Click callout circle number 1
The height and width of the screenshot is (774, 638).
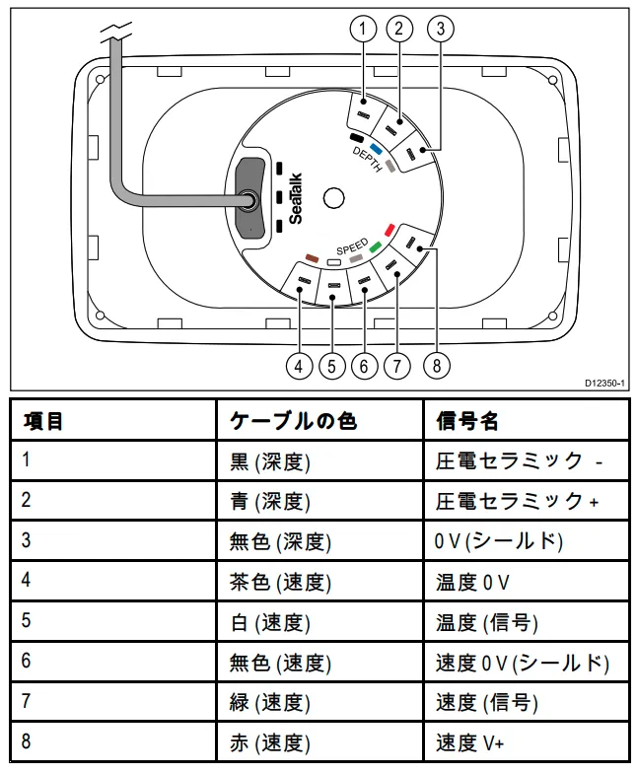coord(364,29)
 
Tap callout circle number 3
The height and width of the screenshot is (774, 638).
coord(439,29)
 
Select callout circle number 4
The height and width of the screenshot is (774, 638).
coord(299,366)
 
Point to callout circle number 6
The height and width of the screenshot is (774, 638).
coord(364,366)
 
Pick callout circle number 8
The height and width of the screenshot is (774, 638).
coord(436,366)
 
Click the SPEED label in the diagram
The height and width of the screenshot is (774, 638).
coord(352,246)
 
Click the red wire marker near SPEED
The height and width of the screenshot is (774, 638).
coord(390,229)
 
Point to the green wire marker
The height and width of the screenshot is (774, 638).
coord(376,246)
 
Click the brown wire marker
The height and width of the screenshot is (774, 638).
coord(312,256)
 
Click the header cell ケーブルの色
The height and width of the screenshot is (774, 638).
coord(293,421)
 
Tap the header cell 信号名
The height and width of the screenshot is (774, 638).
coord(467,421)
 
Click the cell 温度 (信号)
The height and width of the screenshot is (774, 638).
coord(487,622)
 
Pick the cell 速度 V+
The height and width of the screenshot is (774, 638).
coord(470,742)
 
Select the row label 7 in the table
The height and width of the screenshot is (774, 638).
coord(27,702)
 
